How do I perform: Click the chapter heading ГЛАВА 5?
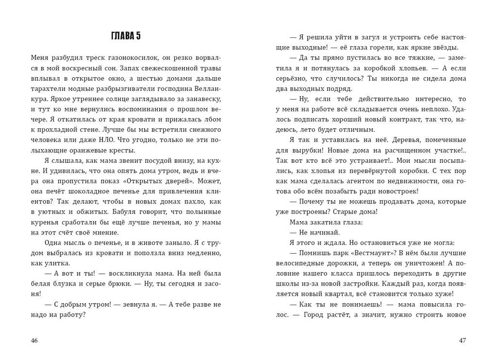(126, 36)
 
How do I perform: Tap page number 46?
(34, 341)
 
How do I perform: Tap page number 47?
(462, 341)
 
